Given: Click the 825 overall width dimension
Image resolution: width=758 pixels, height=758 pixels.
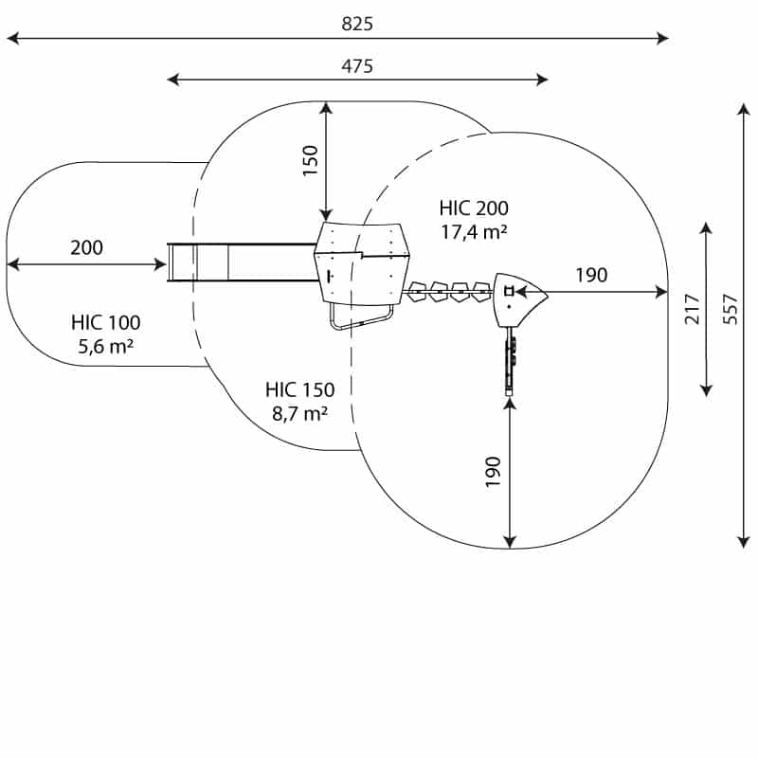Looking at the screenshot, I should (357, 25).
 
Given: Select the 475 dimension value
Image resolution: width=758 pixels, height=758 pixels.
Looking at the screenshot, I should (357, 65).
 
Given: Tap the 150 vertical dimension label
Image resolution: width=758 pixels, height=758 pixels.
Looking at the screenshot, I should (310, 161).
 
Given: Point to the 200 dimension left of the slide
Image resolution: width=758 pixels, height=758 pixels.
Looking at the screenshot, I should (86, 248).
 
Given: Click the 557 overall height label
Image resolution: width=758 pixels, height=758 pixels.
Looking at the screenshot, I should (730, 309).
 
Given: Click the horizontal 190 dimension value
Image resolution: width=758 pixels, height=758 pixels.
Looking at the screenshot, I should (590, 276).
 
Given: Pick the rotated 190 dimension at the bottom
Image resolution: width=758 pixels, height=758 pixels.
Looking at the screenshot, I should (493, 472).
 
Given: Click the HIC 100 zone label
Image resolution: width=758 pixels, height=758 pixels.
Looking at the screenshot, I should (105, 322).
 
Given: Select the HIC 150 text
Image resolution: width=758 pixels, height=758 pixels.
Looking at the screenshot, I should (299, 388).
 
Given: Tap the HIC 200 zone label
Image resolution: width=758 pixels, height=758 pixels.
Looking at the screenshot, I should (474, 208).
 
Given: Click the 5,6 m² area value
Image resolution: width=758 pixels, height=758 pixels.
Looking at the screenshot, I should (105, 346).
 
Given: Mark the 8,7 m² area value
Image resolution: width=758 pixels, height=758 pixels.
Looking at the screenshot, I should (299, 412).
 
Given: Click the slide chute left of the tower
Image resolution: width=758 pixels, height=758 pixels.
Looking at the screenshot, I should (242, 262).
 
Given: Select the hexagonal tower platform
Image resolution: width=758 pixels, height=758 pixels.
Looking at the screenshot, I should (360, 262).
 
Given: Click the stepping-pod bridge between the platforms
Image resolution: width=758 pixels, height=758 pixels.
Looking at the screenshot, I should (447, 291).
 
